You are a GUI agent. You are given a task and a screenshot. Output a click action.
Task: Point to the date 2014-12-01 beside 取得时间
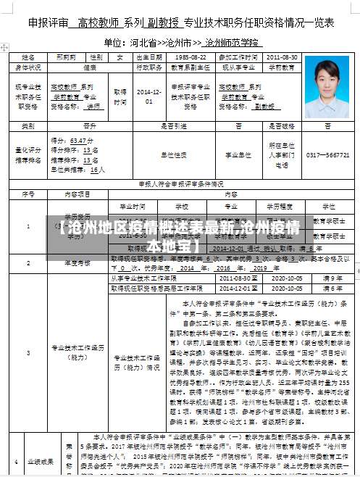pos(149,97)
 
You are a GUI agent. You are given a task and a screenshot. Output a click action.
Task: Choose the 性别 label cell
pos(96,56)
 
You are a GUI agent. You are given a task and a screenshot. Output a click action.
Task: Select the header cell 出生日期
pos(148,56)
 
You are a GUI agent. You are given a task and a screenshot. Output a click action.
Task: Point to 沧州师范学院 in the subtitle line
pos(231,43)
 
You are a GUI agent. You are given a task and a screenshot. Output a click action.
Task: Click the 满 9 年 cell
pos(332,278)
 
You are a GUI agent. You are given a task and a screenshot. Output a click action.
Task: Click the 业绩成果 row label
pos(40,460)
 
